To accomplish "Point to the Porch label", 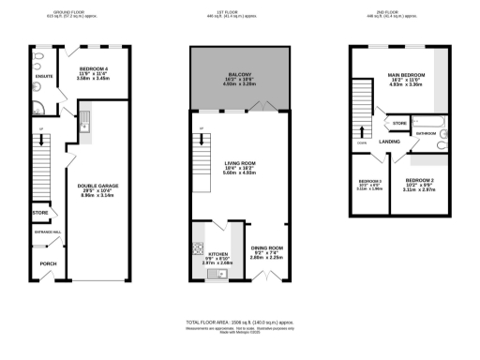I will click(47, 263).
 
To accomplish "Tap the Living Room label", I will click(239, 163).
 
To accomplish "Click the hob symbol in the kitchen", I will click(197, 249).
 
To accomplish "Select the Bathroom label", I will click(427, 134).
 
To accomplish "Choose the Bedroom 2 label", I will click(419, 178).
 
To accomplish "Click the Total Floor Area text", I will click(239, 321).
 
